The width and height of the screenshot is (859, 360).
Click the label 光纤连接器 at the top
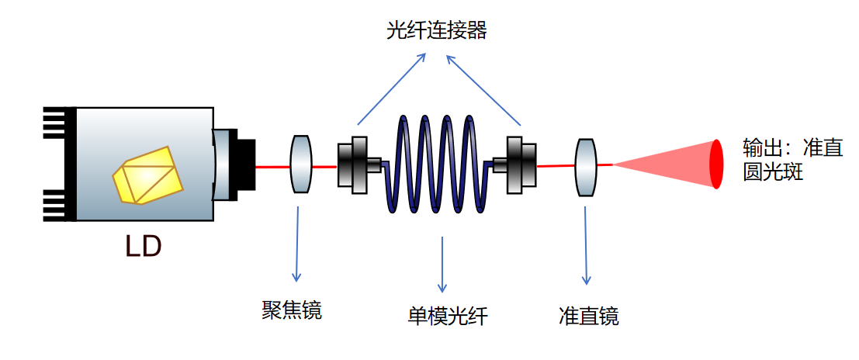[437, 30]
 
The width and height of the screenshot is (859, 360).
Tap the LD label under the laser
[144, 247]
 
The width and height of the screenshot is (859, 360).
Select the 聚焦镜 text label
[292, 311]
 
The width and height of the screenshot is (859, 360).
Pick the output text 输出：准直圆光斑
[791, 160]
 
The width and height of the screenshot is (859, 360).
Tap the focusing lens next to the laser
[300, 164]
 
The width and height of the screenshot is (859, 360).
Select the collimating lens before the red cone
[587, 167]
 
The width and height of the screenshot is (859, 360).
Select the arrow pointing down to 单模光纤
[442, 264]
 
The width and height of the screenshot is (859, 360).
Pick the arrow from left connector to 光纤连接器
[391, 89]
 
